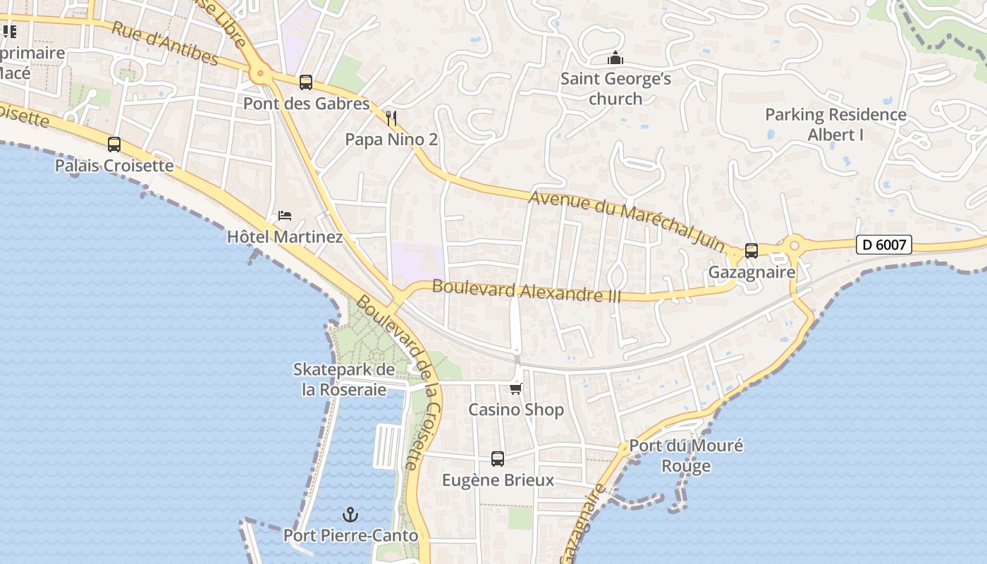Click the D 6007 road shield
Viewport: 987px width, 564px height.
884,245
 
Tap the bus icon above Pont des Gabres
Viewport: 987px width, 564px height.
306,82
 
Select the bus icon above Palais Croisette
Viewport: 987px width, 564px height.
114,145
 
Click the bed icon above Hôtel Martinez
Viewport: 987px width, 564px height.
285,215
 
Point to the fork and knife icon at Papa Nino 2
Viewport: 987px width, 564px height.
392,118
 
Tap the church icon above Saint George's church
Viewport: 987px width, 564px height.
615,58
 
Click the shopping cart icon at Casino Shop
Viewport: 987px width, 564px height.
516,388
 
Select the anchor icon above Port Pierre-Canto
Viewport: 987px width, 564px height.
350,515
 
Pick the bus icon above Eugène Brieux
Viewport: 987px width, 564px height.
498,459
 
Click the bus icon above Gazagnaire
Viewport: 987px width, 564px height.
752,251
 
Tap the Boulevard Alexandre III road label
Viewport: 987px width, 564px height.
527,290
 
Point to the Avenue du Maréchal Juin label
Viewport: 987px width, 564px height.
627,221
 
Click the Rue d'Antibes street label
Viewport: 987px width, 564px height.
165,42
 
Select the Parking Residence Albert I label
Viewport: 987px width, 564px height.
835,124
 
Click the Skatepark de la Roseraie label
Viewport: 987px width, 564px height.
344,379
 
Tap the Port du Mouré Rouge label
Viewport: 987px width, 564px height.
686,455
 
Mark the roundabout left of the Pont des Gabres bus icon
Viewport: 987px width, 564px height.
261,72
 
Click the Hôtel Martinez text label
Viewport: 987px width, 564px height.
285,237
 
